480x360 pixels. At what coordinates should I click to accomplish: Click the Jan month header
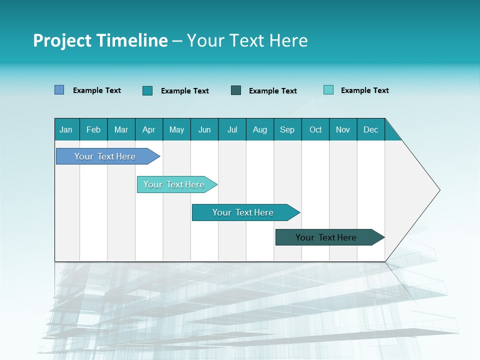point(66,129)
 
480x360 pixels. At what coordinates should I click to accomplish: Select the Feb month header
point(93,129)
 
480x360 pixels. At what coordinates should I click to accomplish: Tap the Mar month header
point(121,129)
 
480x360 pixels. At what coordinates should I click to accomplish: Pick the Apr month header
point(149,129)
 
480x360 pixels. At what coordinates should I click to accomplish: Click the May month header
point(176,129)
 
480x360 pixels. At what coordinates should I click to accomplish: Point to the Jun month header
point(204,129)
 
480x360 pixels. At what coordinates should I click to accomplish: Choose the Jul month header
point(232,129)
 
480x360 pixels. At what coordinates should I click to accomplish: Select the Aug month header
point(260,129)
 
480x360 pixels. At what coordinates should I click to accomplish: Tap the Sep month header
point(287,129)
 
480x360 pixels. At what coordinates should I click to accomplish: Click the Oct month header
point(315,129)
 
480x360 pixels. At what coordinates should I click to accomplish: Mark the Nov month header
point(343,129)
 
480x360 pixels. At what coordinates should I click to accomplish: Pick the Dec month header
point(371,129)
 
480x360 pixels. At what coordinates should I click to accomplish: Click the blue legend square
point(59,90)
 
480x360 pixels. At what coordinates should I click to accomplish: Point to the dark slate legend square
point(236,90)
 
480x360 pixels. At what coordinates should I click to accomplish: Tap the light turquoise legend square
point(328,90)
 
